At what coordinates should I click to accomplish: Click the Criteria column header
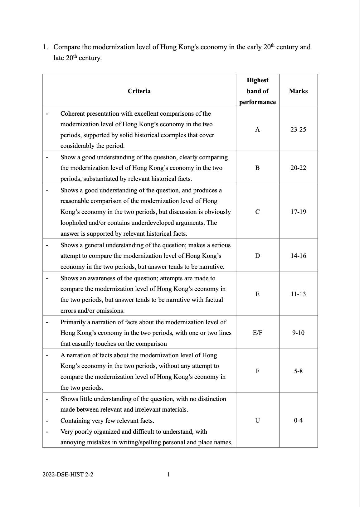(139, 91)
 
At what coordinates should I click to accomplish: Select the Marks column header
(298, 91)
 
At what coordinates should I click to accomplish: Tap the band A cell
(257, 130)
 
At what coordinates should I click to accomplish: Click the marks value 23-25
(298, 130)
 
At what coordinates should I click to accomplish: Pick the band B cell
(257, 168)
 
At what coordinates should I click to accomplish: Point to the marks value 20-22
(298, 168)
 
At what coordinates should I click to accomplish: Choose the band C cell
(257, 212)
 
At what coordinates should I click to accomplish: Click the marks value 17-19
(298, 212)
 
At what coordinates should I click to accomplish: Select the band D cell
(257, 256)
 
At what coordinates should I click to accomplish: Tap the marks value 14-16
(298, 256)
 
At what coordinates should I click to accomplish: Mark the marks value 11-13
(298, 294)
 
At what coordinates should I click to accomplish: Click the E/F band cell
(257, 333)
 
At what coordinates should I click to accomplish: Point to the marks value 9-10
(298, 333)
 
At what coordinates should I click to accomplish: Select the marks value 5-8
(298, 371)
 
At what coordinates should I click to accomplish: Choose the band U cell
(257, 421)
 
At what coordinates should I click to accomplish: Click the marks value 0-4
(298, 421)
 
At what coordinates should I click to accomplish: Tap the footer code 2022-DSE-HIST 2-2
(68, 475)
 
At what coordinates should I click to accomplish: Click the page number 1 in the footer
(168, 475)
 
